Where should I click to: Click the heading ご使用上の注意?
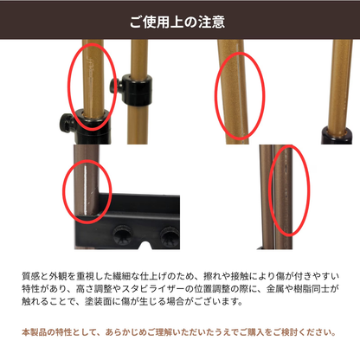(177, 22)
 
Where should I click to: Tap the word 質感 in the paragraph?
(31, 276)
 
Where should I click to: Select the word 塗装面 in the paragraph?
(99, 301)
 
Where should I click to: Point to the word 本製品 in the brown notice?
(35, 332)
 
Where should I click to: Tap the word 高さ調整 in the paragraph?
(93, 289)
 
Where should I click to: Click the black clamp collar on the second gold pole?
(137, 89)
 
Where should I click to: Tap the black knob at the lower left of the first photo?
(67, 123)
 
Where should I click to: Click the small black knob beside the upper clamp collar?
(114, 84)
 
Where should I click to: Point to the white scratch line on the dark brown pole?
(86, 190)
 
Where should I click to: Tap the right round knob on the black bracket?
(170, 236)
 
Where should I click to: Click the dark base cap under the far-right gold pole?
(337, 135)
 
